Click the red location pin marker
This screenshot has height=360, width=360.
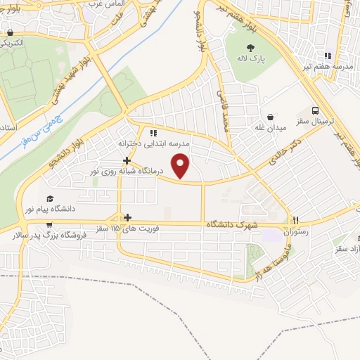182,165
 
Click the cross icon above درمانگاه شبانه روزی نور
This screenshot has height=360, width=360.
127,160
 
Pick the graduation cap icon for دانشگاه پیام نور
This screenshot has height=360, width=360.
49,199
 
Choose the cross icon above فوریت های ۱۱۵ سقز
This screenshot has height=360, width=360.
127,218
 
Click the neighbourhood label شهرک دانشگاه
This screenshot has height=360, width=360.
231,224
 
